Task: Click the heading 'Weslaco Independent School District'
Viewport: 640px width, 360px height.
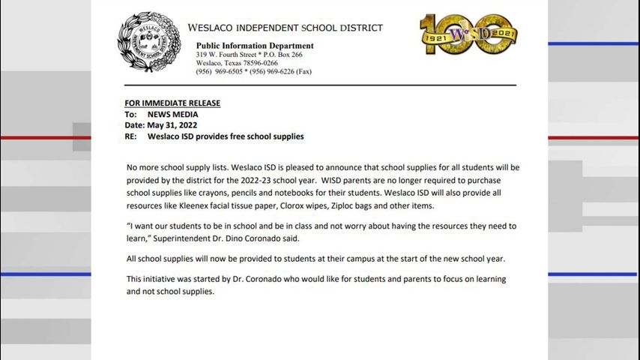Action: pyautogui.click(x=285, y=28)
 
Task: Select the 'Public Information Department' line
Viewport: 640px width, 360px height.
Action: pyautogui.click(x=255, y=46)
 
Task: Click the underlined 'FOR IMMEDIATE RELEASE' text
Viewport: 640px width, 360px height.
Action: pyautogui.click(x=172, y=103)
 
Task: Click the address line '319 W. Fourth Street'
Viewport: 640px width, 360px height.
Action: pyautogui.click(x=230, y=55)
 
